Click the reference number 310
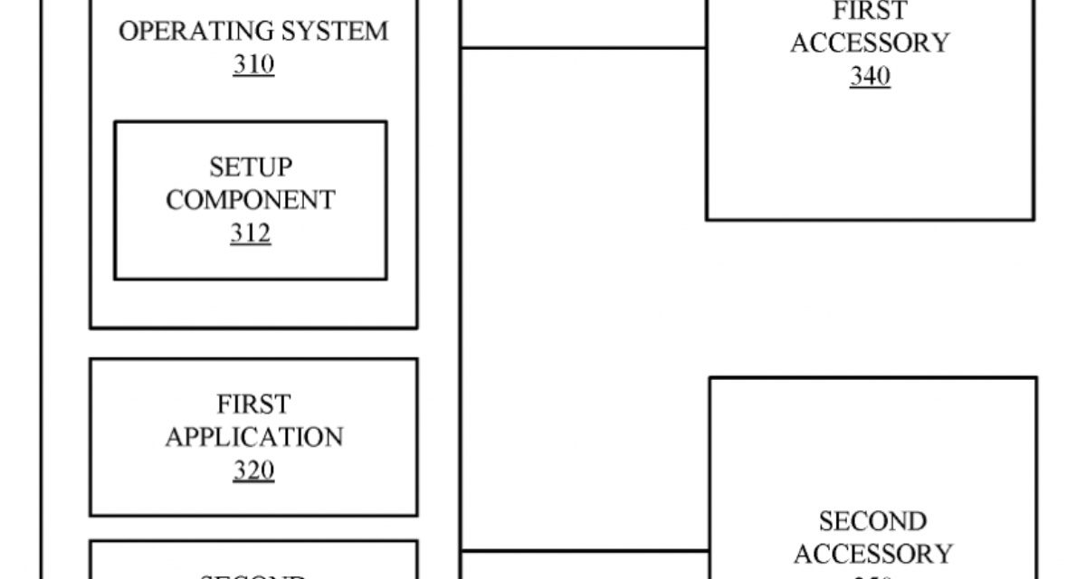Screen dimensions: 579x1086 click(253, 65)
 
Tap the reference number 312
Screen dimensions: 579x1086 click(250, 233)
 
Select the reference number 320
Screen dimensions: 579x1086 click(253, 470)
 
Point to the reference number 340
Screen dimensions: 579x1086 click(870, 77)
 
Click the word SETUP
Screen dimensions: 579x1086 click(251, 166)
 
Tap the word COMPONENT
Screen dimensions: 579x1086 click(251, 200)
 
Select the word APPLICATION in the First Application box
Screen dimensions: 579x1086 click(254, 437)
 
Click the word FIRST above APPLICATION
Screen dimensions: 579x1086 click(253, 403)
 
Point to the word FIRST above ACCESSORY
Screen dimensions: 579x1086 click(870, 12)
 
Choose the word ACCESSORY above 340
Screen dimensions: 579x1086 click(870, 43)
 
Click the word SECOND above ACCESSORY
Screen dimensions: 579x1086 click(872, 521)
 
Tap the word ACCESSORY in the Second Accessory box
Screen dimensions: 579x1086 click(872, 554)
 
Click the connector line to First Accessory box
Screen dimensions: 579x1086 click(584, 48)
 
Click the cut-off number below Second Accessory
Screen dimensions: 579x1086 click(872, 576)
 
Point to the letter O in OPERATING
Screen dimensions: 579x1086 click(128, 31)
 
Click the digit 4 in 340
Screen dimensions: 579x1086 click(870, 77)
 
